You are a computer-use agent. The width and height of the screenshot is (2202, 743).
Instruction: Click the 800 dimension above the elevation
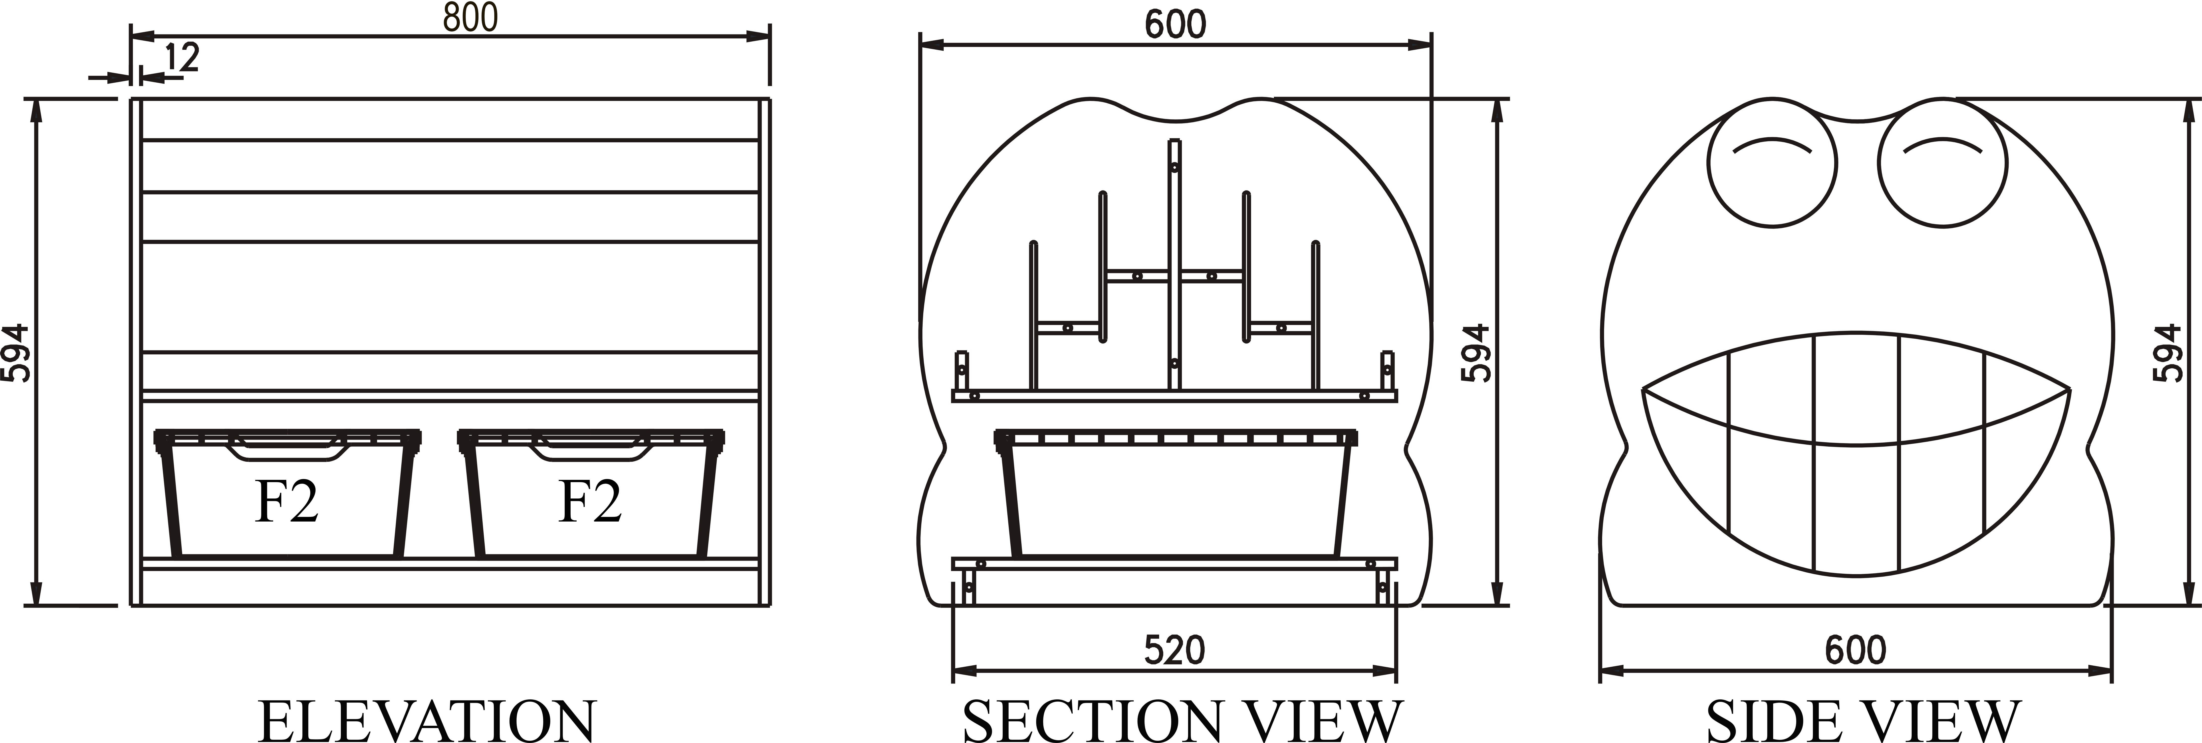tap(470, 18)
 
